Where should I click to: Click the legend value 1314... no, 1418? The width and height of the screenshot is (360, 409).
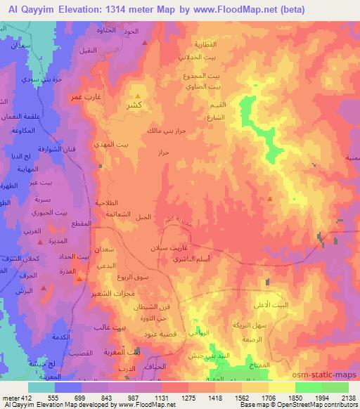point(212,398)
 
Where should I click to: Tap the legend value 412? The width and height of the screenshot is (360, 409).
point(25,398)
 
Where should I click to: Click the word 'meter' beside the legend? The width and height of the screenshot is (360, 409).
point(9,398)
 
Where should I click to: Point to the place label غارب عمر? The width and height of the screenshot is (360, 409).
point(82,97)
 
